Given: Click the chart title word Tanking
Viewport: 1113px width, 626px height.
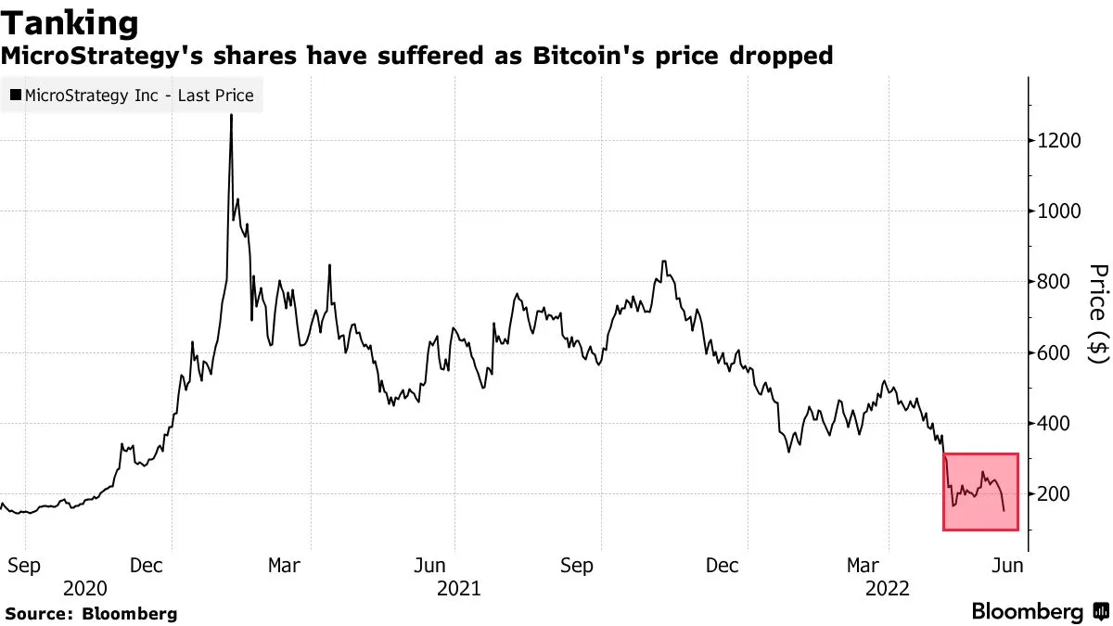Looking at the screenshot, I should pyautogui.click(x=70, y=22).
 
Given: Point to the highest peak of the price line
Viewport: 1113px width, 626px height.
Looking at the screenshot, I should pyautogui.click(x=231, y=116).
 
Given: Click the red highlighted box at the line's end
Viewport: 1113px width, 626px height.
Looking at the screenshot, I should pyautogui.click(x=981, y=492).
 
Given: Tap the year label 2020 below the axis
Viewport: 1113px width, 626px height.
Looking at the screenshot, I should pyautogui.click(x=84, y=588).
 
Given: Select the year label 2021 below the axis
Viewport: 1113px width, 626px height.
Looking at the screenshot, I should pyautogui.click(x=458, y=588).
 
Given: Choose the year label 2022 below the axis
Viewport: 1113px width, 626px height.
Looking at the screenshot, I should pyautogui.click(x=887, y=588).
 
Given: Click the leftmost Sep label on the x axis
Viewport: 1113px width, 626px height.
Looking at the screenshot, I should pyautogui.click(x=22, y=565).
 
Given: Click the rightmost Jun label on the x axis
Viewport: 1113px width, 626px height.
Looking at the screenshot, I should pyautogui.click(x=1007, y=565).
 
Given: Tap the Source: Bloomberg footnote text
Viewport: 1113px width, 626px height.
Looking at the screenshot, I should pyautogui.click(x=91, y=613).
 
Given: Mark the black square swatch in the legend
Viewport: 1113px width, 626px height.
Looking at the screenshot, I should pyautogui.click(x=16, y=96).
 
